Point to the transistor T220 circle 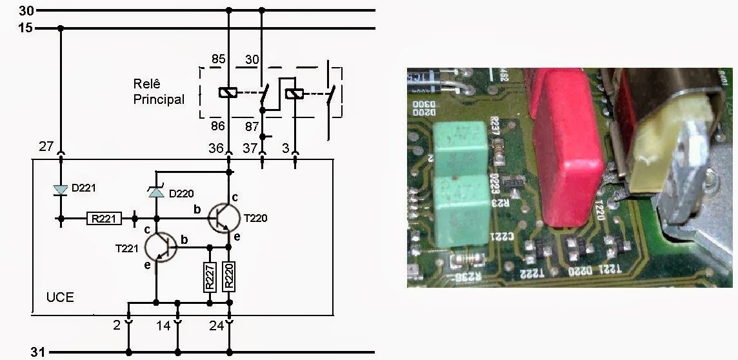pyautogui.click(x=223, y=217)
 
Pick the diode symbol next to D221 pyautogui.click(x=61, y=190)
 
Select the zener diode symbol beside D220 pyautogui.click(x=156, y=192)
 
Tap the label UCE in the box pyautogui.click(x=60, y=297)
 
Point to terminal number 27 pyautogui.click(x=45, y=147)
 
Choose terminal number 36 pyautogui.click(x=216, y=148)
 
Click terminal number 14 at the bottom pyautogui.click(x=163, y=326)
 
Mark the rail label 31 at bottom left pyautogui.click(x=38, y=352)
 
